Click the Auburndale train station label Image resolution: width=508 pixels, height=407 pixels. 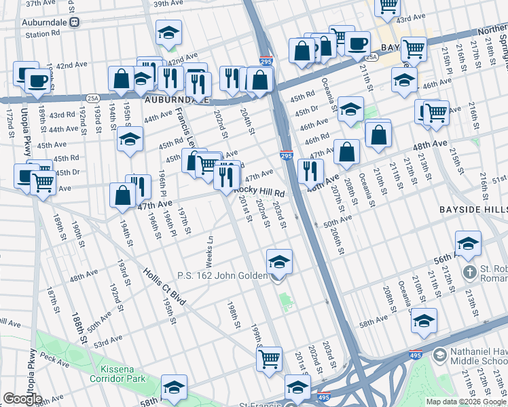47,22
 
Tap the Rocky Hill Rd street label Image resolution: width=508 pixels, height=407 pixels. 259,193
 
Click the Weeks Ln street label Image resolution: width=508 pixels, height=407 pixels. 210,252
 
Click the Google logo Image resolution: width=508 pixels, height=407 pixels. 22,399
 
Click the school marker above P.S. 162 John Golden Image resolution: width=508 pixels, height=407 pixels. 278,262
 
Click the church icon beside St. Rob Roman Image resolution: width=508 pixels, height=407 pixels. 469,273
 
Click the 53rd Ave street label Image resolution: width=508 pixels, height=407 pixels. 108,340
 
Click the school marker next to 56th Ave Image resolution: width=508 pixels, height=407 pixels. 468,244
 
